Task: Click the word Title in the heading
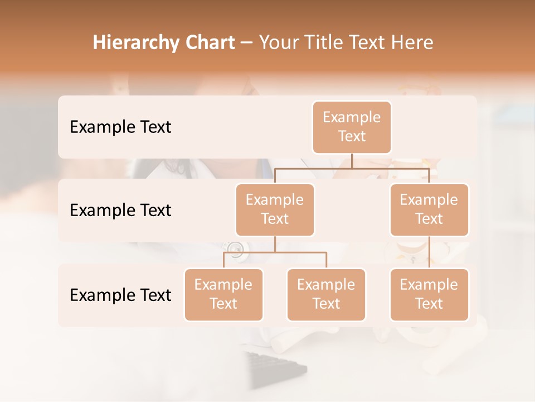point(323,43)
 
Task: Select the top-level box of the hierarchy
point(352,127)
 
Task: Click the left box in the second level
point(275,210)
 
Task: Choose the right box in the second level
point(429,210)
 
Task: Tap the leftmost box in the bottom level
point(223,295)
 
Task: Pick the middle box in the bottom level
point(326,295)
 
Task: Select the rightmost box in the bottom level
point(429,295)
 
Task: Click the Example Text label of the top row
point(120,127)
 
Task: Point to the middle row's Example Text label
point(120,210)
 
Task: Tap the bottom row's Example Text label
point(120,295)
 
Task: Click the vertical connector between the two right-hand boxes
point(429,252)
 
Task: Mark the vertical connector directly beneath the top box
point(352,161)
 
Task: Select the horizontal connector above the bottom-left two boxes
point(275,252)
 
